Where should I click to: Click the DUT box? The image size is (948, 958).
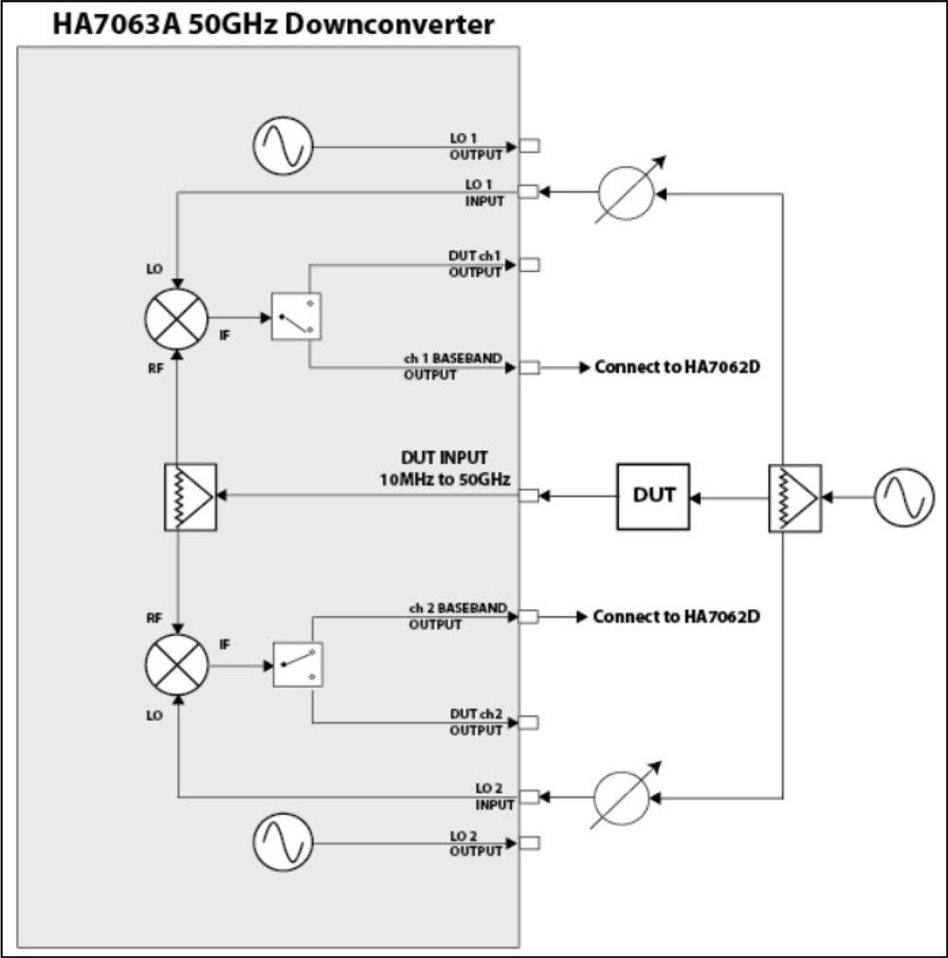tap(653, 496)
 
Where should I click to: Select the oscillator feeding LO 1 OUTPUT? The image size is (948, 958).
tap(283, 147)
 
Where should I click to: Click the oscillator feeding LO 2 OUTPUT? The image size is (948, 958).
tap(283, 842)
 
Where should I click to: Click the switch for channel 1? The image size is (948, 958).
tap(297, 316)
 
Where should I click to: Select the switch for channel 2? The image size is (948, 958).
tap(297, 664)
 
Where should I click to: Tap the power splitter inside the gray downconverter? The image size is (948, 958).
tap(190, 495)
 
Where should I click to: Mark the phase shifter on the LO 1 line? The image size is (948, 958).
tap(626, 193)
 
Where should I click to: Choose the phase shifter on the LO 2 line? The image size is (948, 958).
tap(623, 797)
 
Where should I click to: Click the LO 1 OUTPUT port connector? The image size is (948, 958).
tap(529, 146)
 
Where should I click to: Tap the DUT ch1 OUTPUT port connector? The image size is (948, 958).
tap(529, 264)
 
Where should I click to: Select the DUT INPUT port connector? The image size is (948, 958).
tap(529, 495)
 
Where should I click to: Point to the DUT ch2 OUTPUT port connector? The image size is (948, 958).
tap(529, 723)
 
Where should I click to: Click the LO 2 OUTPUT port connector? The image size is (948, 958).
tap(529, 842)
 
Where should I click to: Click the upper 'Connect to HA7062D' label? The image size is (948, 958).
tap(678, 367)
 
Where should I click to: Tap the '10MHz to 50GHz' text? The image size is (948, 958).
tap(445, 479)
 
